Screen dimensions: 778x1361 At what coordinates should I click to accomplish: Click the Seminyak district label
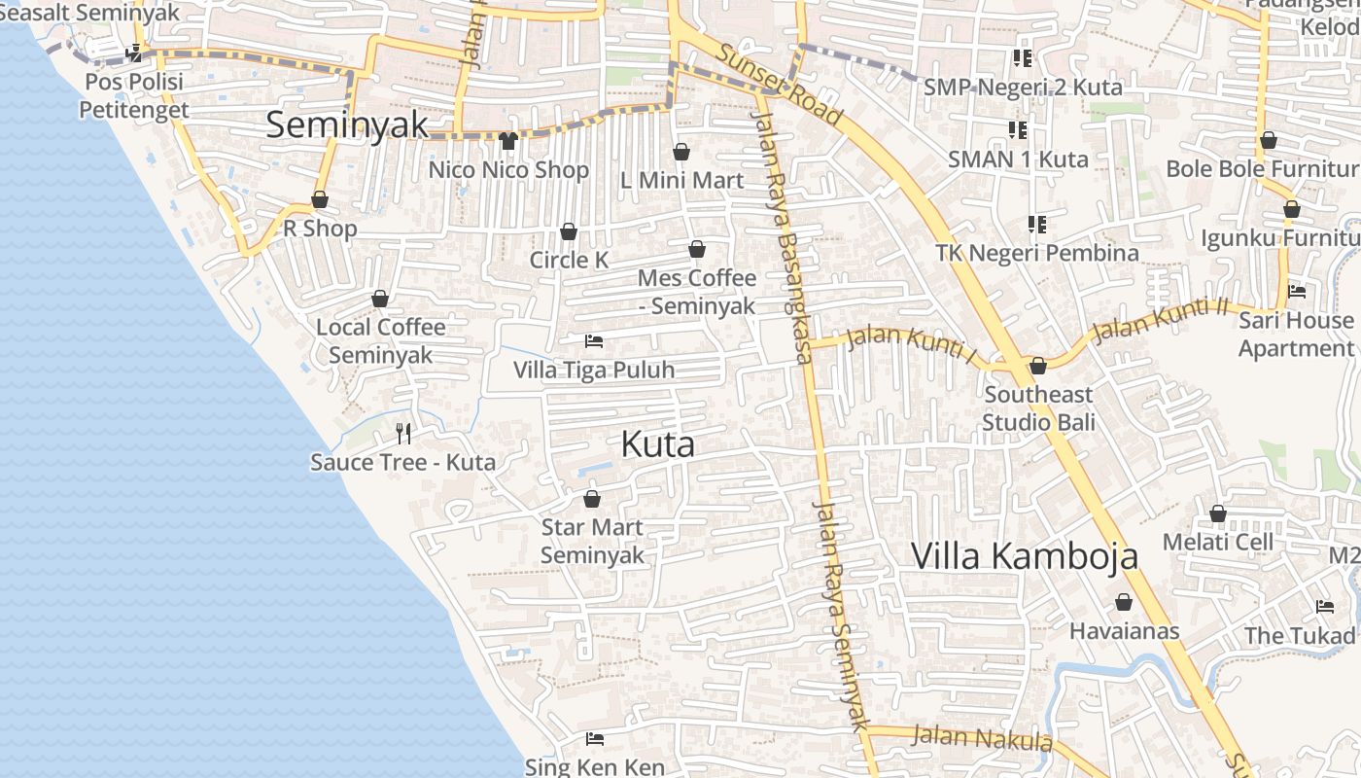[x=347, y=124]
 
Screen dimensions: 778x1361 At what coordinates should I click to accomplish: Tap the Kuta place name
[x=657, y=444]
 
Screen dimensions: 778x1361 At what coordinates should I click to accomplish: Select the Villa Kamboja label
[x=1025, y=555]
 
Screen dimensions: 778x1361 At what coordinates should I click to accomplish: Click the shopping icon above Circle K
[x=569, y=231]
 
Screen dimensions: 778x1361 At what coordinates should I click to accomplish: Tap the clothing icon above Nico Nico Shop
[x=507, y=141]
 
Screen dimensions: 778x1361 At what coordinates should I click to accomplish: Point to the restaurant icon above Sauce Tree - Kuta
[x=403, y=433]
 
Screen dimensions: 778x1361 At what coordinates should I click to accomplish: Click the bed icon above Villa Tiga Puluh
[x=594, y=341]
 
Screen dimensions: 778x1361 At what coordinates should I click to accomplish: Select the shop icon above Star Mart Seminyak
[x=592, y=499]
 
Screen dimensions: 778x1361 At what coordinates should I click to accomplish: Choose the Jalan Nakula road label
[x=983, y=738]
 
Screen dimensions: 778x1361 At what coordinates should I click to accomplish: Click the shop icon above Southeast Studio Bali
[x=1038, y=366]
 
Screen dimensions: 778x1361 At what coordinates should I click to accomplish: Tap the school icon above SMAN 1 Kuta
[x=1018, y=129]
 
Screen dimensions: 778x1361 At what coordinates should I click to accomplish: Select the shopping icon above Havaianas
[x=1124, y=603]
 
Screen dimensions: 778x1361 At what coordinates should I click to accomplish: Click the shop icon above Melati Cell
[x=1218, y=513]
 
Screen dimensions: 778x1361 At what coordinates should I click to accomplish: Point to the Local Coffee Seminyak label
[x=380, y=340]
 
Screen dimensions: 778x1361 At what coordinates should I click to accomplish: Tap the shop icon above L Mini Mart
[x=681, y=152]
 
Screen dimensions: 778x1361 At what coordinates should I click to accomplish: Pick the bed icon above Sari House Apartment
[x=1296, y=291]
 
